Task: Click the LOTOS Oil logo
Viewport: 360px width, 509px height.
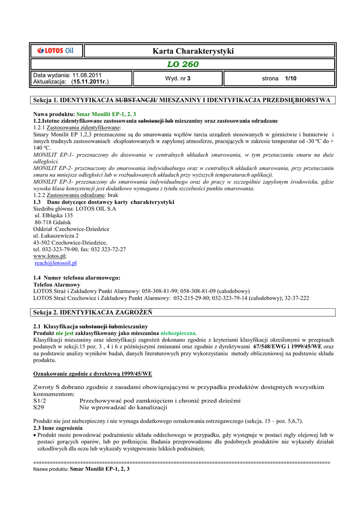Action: [56, 50]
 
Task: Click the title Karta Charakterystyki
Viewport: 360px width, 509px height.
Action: [193, 51]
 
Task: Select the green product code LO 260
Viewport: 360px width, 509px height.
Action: [182, 65]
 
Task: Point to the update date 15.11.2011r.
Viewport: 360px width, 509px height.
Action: [90, 82]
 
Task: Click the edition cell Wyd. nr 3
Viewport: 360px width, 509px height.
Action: [178, 79]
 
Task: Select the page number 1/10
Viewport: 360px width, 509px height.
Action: [290, 79]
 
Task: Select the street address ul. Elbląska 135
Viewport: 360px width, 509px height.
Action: [54, 216]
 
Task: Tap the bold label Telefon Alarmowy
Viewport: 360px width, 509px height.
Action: [56, 284]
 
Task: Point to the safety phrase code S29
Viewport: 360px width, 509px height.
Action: [39, 407]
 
